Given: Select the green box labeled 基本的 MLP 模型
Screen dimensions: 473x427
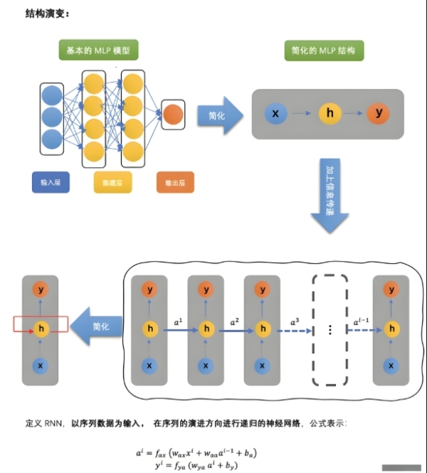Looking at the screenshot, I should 98,51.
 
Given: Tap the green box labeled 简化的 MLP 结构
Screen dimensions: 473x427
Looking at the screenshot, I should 323,51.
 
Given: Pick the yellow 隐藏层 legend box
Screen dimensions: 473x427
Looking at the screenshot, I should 113,183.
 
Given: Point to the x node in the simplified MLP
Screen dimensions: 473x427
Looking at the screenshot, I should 275,113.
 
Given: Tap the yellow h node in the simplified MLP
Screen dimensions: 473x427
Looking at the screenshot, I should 329,113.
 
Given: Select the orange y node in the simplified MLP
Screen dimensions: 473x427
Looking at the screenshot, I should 378,113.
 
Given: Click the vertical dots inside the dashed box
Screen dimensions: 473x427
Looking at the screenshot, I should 330,330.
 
